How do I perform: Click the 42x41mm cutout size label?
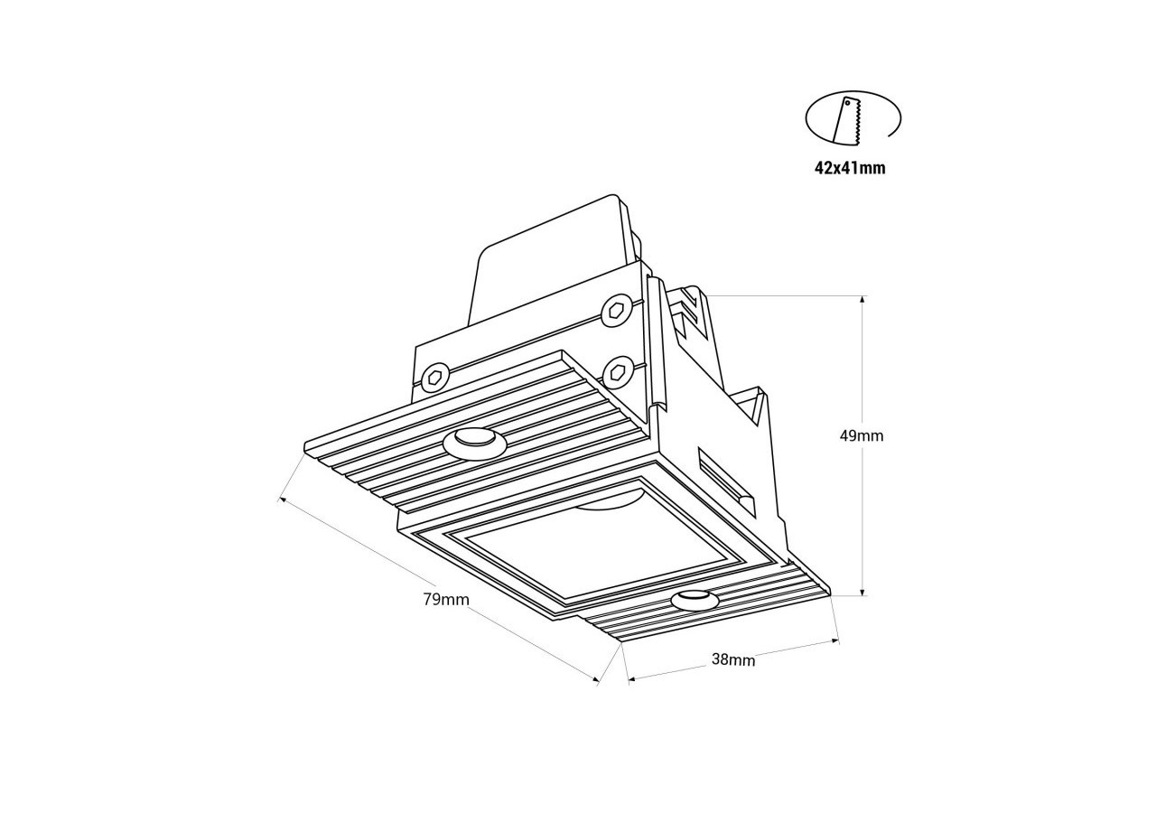[x=850, y=168]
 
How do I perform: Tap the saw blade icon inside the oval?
[x=849, y=121]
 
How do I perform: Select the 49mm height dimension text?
[x=862, y=435]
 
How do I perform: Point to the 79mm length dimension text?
[x=446, y=599]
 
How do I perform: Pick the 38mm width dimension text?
[x=733, y=659]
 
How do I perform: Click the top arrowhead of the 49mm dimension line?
[x=862, y=299]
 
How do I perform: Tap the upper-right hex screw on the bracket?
[x=616, y=310]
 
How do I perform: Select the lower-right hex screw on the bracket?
[x=618, y=369]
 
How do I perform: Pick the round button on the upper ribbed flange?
[x=474, y=441]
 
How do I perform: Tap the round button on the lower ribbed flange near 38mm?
[x=694, y=599]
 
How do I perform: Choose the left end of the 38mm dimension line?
[x=629, y=678]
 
